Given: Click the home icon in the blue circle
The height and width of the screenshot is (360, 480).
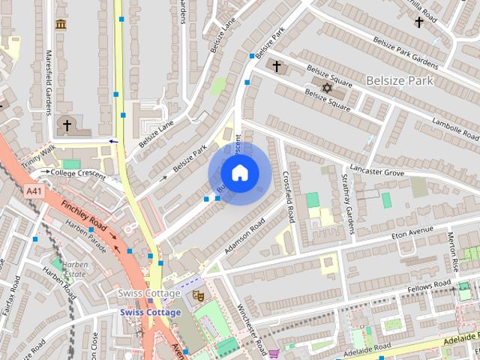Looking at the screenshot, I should (239, 172).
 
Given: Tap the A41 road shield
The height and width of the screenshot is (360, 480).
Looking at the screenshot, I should (34, 191).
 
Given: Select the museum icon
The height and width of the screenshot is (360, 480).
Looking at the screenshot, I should (61, 25).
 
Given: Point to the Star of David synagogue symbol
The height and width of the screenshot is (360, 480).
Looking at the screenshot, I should (326, 88).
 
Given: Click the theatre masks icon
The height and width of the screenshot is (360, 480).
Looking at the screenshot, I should (198, 295).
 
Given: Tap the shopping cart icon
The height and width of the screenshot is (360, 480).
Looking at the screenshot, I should (274, 353).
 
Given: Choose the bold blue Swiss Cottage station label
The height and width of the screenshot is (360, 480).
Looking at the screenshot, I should (150, 312).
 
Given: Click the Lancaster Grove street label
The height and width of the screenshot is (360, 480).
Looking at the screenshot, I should (376, 172).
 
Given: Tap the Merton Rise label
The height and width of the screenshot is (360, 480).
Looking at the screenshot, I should (454, 252).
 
